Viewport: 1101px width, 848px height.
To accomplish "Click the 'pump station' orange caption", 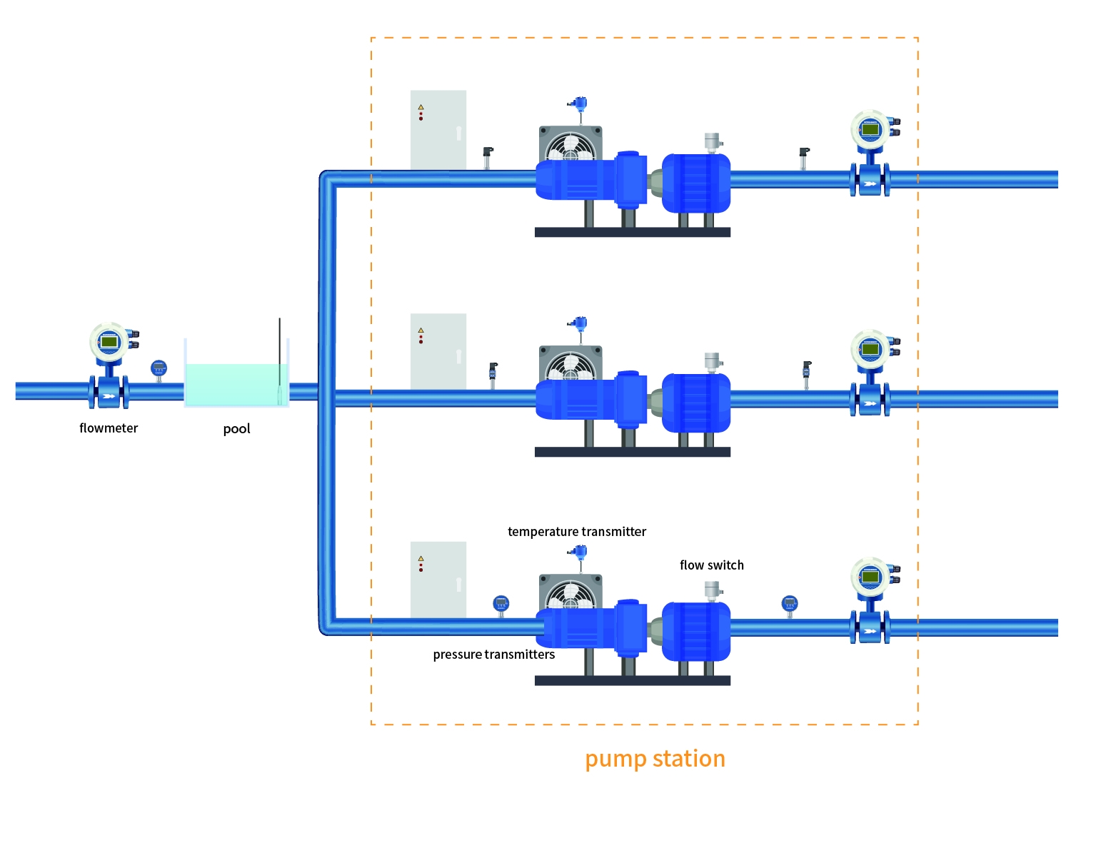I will (x=655, y=758).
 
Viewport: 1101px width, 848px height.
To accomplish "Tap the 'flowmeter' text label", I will (x=109, y=428).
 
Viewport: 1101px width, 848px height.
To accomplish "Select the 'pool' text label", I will (x=236, y=429).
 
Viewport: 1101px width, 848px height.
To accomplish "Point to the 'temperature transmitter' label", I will (x=577, y=532).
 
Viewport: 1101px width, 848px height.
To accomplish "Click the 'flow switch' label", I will (x=711, y=565).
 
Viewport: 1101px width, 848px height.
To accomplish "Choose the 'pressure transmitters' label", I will (x=493, y=655).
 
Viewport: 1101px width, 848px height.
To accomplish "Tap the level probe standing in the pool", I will (x=280, y=360).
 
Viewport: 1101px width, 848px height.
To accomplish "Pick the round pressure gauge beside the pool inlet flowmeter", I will (x=159, y=369).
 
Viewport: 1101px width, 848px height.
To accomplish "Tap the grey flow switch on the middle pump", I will (x=713, y=362).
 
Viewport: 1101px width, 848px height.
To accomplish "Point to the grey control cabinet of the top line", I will (x=438, y=129).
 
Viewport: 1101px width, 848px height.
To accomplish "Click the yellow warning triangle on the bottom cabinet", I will (x=421, y=559).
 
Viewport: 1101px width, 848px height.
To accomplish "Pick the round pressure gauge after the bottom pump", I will (x=789, y=604).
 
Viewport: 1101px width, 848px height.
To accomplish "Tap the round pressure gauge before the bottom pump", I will (x=501, y=604).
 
